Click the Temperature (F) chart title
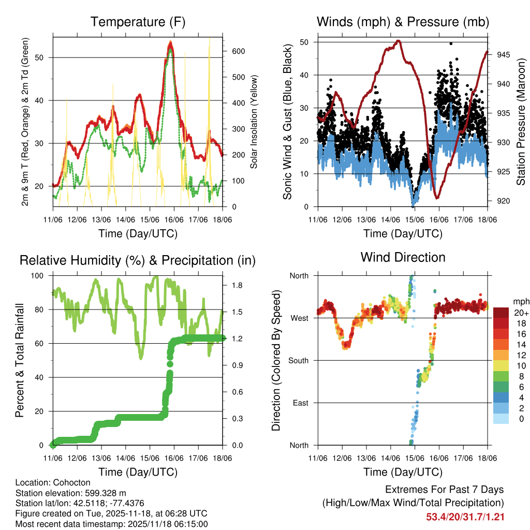138,22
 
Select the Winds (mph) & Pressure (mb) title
403,22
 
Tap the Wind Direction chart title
403,257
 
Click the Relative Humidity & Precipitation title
138,260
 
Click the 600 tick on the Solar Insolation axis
238,51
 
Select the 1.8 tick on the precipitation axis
233,285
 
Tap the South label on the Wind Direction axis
299,360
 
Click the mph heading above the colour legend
520,301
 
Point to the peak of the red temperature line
170,45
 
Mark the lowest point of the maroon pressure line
437,197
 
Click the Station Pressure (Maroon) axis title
521,122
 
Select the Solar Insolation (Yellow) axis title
254,122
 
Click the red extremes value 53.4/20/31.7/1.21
465,517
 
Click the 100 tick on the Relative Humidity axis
42,276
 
